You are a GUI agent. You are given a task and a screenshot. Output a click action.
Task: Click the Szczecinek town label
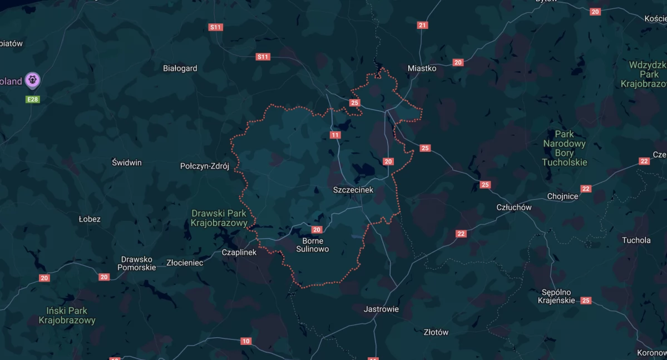pyautogui.click(x=353, y=190)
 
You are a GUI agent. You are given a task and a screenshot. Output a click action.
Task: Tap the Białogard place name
pyautogui.click(x=180, y=68)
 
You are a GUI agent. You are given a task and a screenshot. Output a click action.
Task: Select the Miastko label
pyautogui.click(x=422, y=68)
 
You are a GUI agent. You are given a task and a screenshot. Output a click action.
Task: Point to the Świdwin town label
pyautogui.click(x=127, y=162)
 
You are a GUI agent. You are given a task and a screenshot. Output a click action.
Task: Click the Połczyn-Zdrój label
pyautogui.click(x=205, y=166)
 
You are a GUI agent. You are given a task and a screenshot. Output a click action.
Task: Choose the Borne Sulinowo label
pyautogui.click(x=312, y=245)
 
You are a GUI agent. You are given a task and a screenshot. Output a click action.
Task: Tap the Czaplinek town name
pyautogui.click(x=239, y=252)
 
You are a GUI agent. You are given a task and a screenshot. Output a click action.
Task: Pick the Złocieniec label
pyautogui.click(x=185, y=263)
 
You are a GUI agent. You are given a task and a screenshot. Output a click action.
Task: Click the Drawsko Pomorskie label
pyautogui.click(x=137, y=263)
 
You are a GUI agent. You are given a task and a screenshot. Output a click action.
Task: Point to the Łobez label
pyautogui.click(x=90, y=219)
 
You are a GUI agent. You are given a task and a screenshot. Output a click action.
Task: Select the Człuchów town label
pyautogui.click(x=513, y=208)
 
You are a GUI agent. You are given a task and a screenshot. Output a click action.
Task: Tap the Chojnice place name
pyautogui.click(x=563, y=196)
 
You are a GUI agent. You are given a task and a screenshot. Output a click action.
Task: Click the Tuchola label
pyautogui.click(x=636, y=240)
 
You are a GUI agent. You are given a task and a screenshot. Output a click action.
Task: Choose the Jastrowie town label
pyautogui.click(x=381, y=309)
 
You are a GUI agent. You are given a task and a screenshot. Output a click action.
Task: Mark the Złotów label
pyautogui.click(x=436, y=332)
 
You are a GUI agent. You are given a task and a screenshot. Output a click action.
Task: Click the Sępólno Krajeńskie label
pyautogui.click(x=556, y=297)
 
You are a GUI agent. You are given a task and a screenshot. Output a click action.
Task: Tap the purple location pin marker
pyautogui.click(x=33, y=81)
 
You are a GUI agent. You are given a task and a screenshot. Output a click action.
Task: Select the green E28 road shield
pyautogui.click(x=33, y=99)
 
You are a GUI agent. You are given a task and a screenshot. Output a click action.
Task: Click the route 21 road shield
pyautogui.click(x=423, y=25)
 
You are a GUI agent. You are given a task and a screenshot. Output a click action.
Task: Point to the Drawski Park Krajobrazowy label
pyautogui.click(x=219, y=218)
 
